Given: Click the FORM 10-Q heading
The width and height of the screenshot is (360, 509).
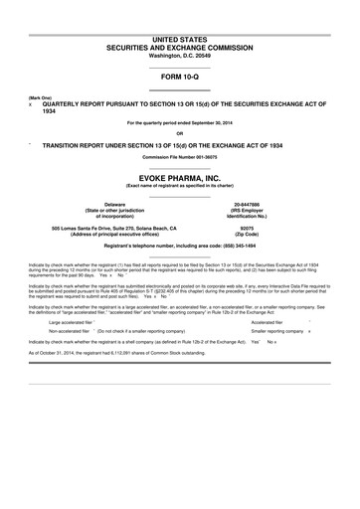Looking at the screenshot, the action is pyautogui.click(x=179, y=76).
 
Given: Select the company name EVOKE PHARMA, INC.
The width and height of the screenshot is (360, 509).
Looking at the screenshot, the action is pyautogui.click(x=179, y=171).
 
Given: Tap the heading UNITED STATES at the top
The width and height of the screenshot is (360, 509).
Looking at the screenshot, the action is pyautogui.click(x=179, y=37).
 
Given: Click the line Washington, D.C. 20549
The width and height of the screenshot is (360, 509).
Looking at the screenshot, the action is pyautogui.click(x=179, y=53).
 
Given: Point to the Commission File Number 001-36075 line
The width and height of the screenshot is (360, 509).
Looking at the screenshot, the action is pyautogui.click(x=179, y=157).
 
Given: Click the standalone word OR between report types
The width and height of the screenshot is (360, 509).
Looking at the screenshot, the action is pyautogui.click(x=179, y=132).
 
